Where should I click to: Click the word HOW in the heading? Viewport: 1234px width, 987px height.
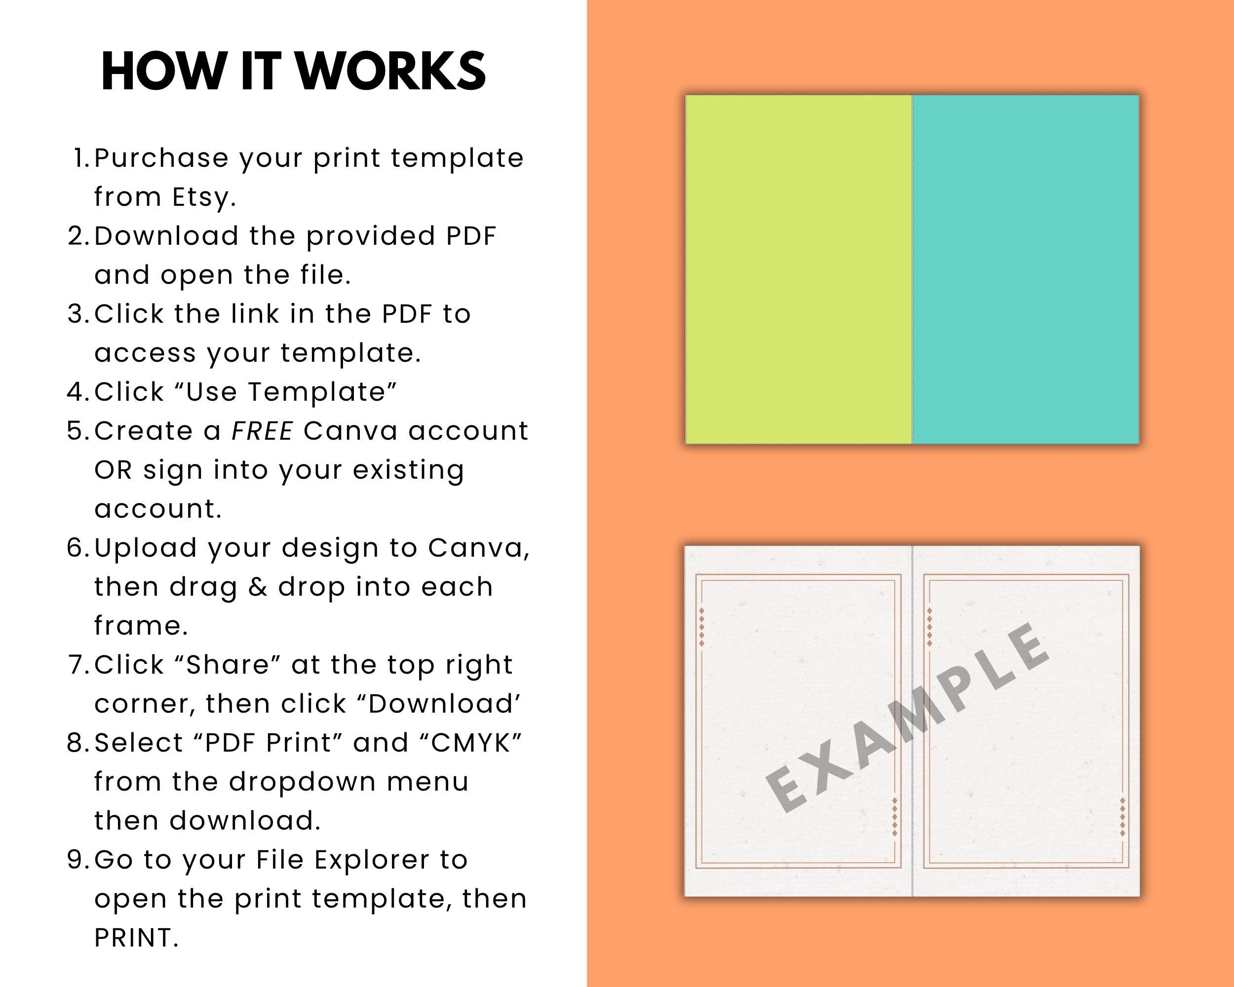163,72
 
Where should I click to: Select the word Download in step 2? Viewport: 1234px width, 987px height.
166,236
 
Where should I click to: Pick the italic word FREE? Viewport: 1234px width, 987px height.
263,431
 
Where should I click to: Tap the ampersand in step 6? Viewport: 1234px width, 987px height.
258,587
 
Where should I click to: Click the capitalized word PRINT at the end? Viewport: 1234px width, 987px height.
136,938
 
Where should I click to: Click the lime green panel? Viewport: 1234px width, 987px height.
799,269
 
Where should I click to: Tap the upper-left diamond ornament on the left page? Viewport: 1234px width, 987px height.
702,628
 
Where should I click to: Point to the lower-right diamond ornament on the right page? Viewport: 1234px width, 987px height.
1122,816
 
